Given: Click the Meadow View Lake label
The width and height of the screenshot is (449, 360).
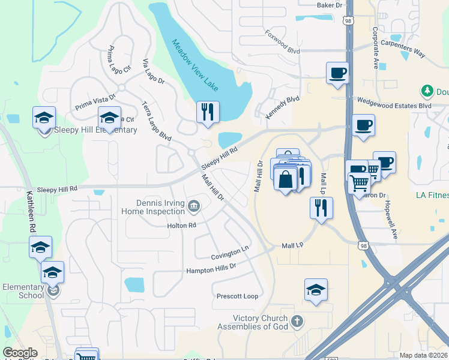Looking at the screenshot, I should point(196,65).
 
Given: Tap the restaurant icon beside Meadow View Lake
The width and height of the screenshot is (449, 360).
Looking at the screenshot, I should point(208,112).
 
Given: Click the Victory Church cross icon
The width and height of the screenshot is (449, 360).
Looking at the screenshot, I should point(297,322).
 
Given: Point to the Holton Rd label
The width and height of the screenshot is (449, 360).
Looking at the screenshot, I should point(182,226).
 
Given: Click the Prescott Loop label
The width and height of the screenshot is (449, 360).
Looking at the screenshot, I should point(237,296).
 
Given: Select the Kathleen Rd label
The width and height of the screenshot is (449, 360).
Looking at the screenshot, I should point(29,212).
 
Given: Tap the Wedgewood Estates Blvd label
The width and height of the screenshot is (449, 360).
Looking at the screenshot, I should point(394,104).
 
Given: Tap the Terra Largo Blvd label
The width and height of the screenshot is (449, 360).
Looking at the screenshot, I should point(156,121).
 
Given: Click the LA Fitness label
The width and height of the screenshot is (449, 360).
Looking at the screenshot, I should point(432,196).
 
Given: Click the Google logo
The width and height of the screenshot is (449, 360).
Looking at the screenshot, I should point(20,353).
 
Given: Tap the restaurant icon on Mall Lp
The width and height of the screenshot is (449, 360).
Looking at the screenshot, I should point(321,208).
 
